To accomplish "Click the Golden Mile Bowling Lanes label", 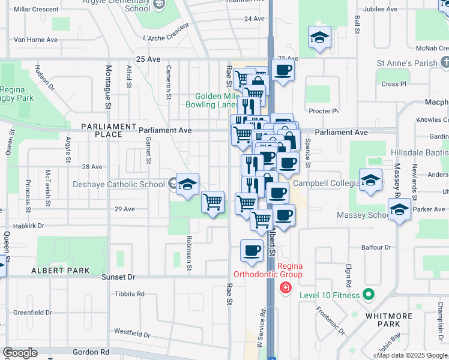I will (216, 100).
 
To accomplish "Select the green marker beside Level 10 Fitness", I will (368, 295).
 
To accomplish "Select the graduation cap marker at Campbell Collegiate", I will (370, 179).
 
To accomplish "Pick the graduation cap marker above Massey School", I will (399, 209).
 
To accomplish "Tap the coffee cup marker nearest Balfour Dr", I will (252, 250).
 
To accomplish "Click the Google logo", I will (20, 353).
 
